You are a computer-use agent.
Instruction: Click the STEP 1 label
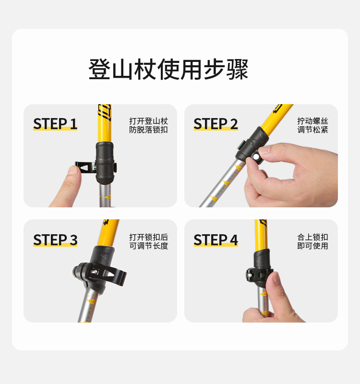(55, 124)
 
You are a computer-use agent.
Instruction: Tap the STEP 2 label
(216, 124)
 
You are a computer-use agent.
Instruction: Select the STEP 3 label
(55, 240)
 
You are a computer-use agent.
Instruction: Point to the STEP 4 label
(216, 240)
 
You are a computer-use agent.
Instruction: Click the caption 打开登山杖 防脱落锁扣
(148, 125)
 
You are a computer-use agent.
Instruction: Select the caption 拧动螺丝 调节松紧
(312, 125)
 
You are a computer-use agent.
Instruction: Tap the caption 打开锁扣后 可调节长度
(148, 241)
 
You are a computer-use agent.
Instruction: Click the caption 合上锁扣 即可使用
(312, 241)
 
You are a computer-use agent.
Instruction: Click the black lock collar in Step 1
(106, 163)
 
